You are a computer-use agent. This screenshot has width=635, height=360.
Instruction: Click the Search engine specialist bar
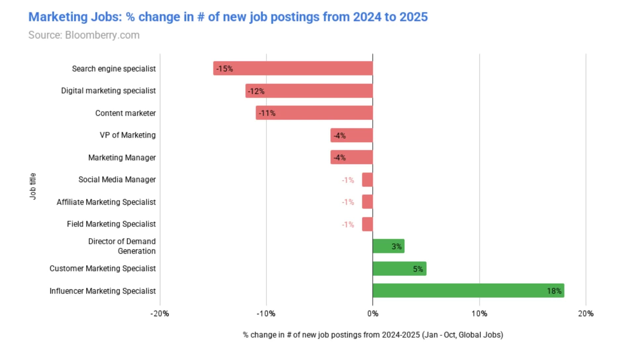[x=293, y=68]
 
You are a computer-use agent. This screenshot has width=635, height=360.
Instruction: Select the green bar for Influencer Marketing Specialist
[x=468, y=291]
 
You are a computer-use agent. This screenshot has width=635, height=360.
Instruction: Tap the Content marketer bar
[x=314, y=113]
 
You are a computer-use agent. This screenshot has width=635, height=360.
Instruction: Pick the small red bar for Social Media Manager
[x=367, y=180]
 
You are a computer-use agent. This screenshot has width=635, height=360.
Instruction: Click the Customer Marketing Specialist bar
[x=400, y=268]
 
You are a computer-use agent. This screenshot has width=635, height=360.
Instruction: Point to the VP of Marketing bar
[x=352, y=135]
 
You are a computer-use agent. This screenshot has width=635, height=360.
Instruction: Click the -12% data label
[x=256, y=91]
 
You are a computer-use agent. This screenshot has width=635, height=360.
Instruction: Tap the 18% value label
[x=554, y=291]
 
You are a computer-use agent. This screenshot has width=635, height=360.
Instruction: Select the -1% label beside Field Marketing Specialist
[x=348, y=225]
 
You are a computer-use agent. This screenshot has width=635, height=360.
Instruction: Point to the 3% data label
[x=397, y=247]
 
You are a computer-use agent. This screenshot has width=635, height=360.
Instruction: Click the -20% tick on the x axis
[x=160, y=314]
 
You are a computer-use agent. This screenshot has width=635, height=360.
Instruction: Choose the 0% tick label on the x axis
[x=373, y=314]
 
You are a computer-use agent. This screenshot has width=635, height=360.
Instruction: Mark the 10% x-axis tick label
[x=479, y=314]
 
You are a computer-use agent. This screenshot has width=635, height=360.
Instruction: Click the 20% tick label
[x=586, y=314]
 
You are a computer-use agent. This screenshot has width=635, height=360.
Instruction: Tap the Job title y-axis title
[x=32, y=186]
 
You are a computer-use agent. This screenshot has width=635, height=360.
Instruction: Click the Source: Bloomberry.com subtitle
[x=84, y=35]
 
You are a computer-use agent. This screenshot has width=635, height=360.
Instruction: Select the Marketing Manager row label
[x=122, y=157]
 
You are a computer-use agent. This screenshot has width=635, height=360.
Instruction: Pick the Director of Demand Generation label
[x=122, y=246]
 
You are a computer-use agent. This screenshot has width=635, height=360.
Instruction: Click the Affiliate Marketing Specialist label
[x=106, y=202]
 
